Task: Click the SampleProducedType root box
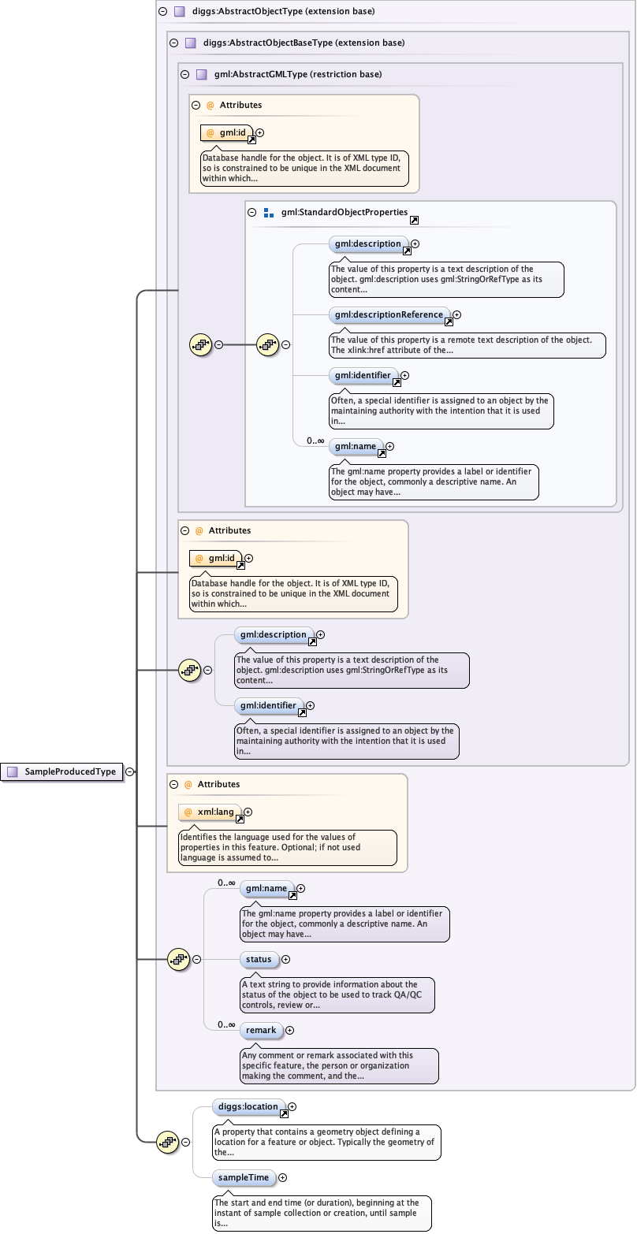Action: click(x=63, y=772)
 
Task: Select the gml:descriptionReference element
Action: click(x=389, y=315)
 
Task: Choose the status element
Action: click(x=259, y=960)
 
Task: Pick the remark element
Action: click(x=261, y=1031)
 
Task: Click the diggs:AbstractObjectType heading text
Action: click(x=283, y=12)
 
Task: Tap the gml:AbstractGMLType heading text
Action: click(x=298, y=74)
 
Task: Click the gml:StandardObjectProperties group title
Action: click(x=344, y=213)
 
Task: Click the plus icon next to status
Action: click(x=285, y=960)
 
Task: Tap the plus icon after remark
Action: click(x=289, y=1031)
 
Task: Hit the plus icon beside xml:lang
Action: click(x=248, y=812)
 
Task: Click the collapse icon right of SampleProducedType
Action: click(x=129, y=772)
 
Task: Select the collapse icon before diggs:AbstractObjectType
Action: click(x=162, y=12)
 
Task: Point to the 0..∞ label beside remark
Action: click(x=226, y=1024)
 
